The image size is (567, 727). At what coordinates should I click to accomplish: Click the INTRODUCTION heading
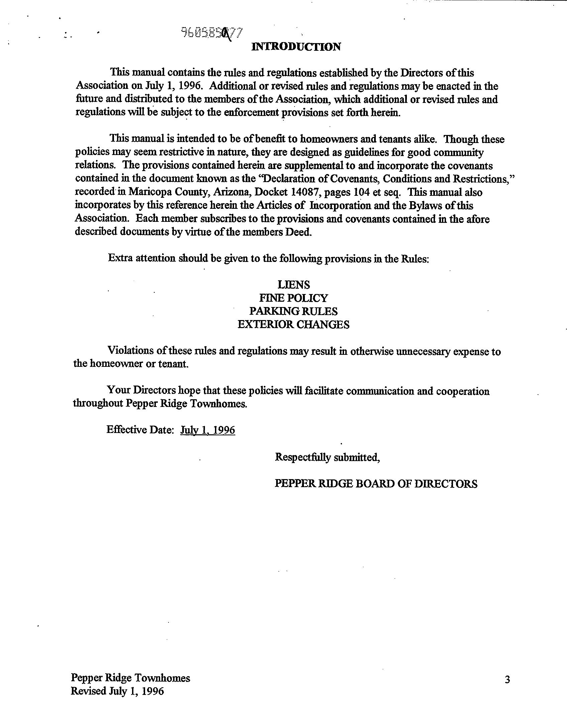coord(296,47)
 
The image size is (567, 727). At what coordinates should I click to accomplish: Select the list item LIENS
coord(294,285)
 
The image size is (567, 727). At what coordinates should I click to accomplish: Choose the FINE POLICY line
coord(294,298)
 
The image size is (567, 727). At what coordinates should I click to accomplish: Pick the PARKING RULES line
coord(294,311)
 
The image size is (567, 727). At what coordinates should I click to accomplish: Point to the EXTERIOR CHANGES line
coord(294,324)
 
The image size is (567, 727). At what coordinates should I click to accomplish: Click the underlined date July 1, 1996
coord(208,430)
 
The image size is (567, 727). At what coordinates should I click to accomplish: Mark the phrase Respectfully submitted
coord(327,457)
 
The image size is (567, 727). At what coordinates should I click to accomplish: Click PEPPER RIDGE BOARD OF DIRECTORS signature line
coord(376,484)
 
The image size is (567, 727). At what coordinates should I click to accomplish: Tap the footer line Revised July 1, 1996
coord(117,691)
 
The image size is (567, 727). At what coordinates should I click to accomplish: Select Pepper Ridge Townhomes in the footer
coord(130,678)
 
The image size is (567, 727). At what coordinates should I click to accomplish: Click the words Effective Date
coord(140,430)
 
